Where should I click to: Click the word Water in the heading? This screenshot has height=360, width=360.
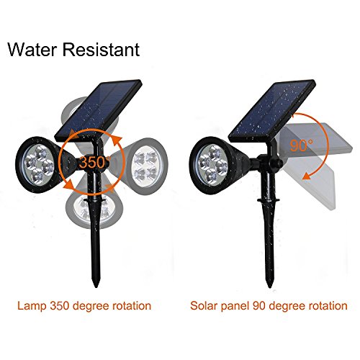click(32, 50)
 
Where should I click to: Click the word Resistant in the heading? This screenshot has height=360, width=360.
click(101, 50)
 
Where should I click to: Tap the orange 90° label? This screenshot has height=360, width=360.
click(301, 145)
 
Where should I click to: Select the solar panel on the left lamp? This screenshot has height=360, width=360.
click(99, 110)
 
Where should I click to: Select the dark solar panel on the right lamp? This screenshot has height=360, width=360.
click(272, 110)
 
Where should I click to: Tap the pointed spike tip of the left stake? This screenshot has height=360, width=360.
click(96, 287)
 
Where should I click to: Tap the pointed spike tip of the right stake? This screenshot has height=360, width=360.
click(269, 287)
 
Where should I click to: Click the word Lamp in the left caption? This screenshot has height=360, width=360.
click(32, 306)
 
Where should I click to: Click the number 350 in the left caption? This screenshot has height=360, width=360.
click(60, 306)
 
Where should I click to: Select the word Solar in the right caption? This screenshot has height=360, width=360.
click(204, 306)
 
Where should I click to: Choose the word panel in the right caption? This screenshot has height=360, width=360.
click(235, 307)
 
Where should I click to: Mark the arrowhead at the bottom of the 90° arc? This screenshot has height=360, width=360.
click(305, 177)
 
